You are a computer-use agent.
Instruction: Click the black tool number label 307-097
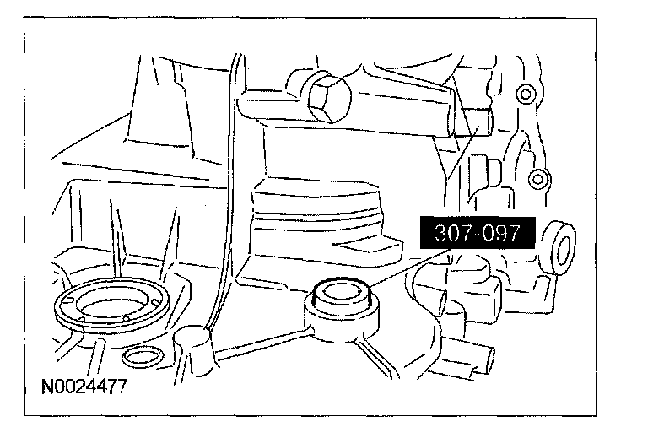tap(477, 233)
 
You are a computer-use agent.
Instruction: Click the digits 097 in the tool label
tap(504, 233)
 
